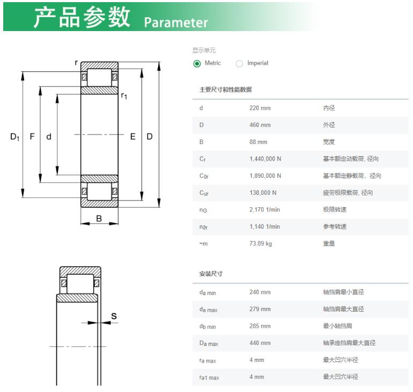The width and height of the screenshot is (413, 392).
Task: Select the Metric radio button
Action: click(197, 64)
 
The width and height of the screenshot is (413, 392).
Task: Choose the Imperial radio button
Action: click(239, 64)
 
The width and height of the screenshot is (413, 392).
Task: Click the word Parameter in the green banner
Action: click(176, 22)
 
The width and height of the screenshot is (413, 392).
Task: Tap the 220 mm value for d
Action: click(260, 108)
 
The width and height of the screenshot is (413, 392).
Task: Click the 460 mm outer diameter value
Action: click(260, 125)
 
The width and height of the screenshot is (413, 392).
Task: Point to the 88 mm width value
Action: click(259, 142)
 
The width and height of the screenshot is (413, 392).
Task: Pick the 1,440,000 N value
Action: click(265, 159)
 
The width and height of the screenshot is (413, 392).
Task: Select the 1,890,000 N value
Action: click(265, 176)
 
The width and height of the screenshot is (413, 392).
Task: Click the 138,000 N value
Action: click(263, 193)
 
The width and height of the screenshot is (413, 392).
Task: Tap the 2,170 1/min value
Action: click(265, 209)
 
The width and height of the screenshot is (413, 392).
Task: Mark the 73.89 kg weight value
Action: click(261, 244)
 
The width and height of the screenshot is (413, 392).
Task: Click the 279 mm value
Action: click(260, 309)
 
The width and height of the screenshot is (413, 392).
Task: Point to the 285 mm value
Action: click(260, 326)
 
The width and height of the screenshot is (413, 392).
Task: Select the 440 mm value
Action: click(260, 343)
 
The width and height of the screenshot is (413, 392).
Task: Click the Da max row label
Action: click(209, 343)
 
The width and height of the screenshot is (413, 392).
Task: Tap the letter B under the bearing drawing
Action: click(99, 218)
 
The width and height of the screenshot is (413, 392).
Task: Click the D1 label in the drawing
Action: click(15, 137)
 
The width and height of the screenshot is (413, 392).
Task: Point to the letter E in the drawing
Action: click(133, 137)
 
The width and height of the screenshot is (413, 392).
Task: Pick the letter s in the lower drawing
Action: click(114, 316)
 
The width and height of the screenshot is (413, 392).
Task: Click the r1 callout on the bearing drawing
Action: click(124, 96)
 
